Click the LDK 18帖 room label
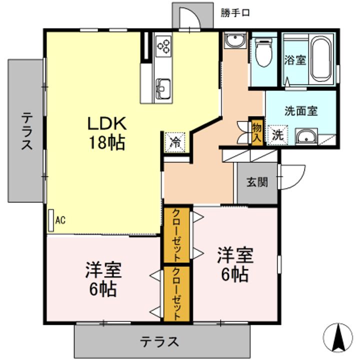pyautogui.click(x=107, y=133)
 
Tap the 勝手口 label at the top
pyautogui.click(x=235, y=13)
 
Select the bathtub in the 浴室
pyautogui.click(x=320, y=59)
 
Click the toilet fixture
pyautogui.click(x=263, y=52)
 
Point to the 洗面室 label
pyautogui.click(x=301, y=111)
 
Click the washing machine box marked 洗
pyautogui.click(x=277, y=135)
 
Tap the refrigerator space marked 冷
pyautogui.click(x=175, y=142)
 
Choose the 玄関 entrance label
pyautogui.click(x=257, y=182)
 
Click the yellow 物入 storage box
pyautogui.click(x=257, y=132)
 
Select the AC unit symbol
pyautogui.click(x=51, y=220)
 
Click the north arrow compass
pyautogui.click(x=337, y=337)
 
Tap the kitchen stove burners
pyautogui.click(x=163, y=46)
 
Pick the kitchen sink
pyautogui.click(x=163, y=89)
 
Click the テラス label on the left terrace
pyautogui.click(x=27, y=132)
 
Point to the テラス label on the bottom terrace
pyautogui.click(x=159, y=341)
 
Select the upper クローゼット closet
pyautogui.click(x=176, y=235)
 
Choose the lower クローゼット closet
pyautogui.click(x=176, y=293)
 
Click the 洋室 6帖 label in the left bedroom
pyautogui.click(x=103, y=279)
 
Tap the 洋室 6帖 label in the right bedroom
pyautogui.click(x=235, y=264)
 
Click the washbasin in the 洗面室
pyautogui.click(x=306, y=136)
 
